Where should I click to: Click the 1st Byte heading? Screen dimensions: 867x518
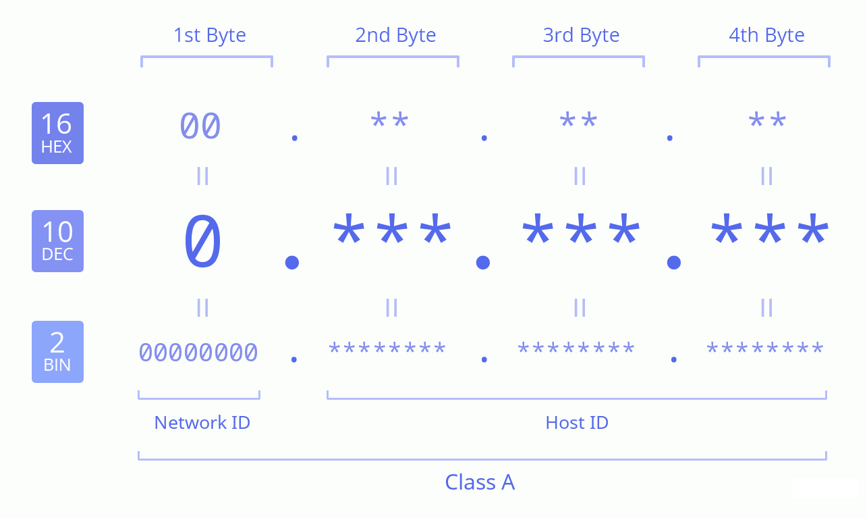point(209,36)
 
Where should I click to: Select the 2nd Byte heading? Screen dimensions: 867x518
point(395,36)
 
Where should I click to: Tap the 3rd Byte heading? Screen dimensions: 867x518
point(581,36)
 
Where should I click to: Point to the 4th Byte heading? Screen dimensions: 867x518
point(766,36)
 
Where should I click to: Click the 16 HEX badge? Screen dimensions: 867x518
point(57,133)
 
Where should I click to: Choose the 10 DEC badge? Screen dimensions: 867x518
point(57,241)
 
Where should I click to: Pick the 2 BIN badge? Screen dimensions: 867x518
point(57,352)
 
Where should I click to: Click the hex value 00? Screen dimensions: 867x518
point(200,126)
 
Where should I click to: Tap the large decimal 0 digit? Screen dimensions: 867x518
point(202,241)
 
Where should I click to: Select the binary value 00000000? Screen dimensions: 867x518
point(198,353)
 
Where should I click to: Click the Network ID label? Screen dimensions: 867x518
point(202,423)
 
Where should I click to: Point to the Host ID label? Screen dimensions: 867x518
point(577,423)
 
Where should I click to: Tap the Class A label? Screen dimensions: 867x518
point(480,482)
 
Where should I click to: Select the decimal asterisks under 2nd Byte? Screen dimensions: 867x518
point(392,229)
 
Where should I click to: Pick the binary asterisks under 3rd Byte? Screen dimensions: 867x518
point(576,348)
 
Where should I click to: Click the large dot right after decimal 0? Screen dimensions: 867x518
point(292,263)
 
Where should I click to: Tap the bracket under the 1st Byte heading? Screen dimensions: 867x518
point(206,61)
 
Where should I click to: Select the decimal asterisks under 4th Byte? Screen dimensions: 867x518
point(770,229)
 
